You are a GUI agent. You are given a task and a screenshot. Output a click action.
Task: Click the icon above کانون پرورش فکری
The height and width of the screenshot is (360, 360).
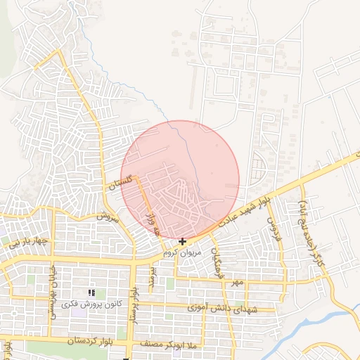[x=91, y=292]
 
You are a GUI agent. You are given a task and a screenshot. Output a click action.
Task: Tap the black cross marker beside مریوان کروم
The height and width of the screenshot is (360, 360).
[x=183, y=241]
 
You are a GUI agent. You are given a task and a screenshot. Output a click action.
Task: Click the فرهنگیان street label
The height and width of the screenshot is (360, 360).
[x=218, y=260]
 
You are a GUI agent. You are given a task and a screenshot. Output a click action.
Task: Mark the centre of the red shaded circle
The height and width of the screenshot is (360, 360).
[x=180, y=180]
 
